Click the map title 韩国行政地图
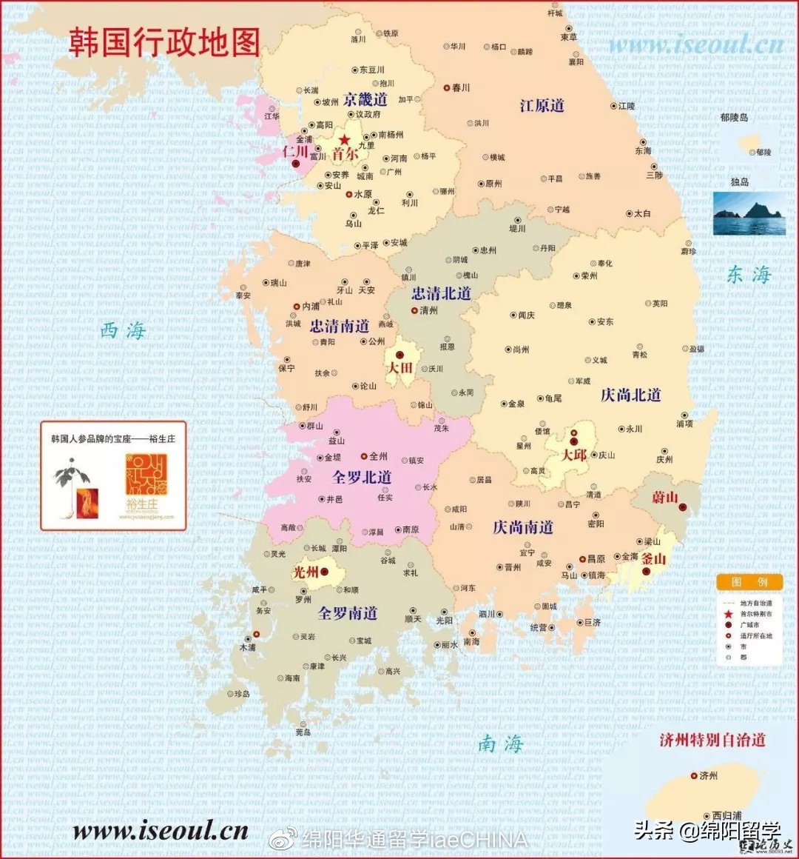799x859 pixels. click(x=164, y=43)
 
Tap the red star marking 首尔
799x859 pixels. click(x=344, y=140)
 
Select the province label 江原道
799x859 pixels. click(x=542, y=106)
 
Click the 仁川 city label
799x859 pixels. click(x=295, y=152)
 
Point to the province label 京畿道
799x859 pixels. click(x=365, y=99)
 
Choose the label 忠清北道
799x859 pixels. click(x=442, y=293)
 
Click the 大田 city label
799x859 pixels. click(x=400, y=368)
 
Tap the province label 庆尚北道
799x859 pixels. click(x=630, y=395)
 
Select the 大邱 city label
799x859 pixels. click(x=573, y=455)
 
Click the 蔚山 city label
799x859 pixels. click(x=664, y=498)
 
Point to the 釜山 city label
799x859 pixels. click(x=653, y=559)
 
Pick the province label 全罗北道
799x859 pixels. click(x=362, y=477)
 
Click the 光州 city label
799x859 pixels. click(x=306, y=572)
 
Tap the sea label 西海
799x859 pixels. click(x=123, y=330)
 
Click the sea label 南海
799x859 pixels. click(x=501, y=743)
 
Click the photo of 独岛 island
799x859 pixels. click(x=749, y=213)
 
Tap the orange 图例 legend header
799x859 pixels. click(x=749, y=582)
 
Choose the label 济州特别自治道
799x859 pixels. click(x=712, y=740)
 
